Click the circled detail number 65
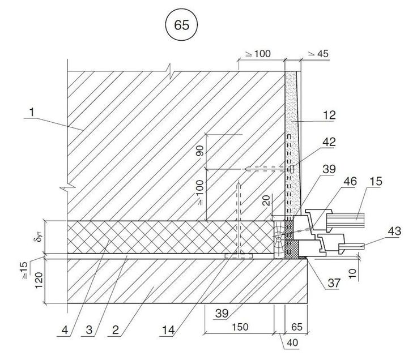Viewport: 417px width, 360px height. [x=181, y=25]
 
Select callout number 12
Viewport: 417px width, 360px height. [x=329, y=115]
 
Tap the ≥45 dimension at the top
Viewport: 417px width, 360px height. [x=317, y=54]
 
